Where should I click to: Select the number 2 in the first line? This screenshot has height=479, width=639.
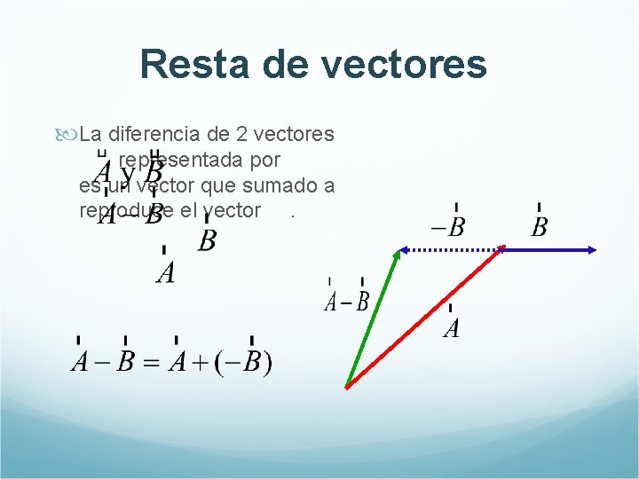pos(242,135)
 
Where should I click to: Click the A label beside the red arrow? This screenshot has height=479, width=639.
pos(451,328)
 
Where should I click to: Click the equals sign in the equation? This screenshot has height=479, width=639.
pos(151,363)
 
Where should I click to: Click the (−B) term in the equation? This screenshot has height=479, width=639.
pos(243,363)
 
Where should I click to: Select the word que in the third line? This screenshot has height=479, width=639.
pos(219,185)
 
